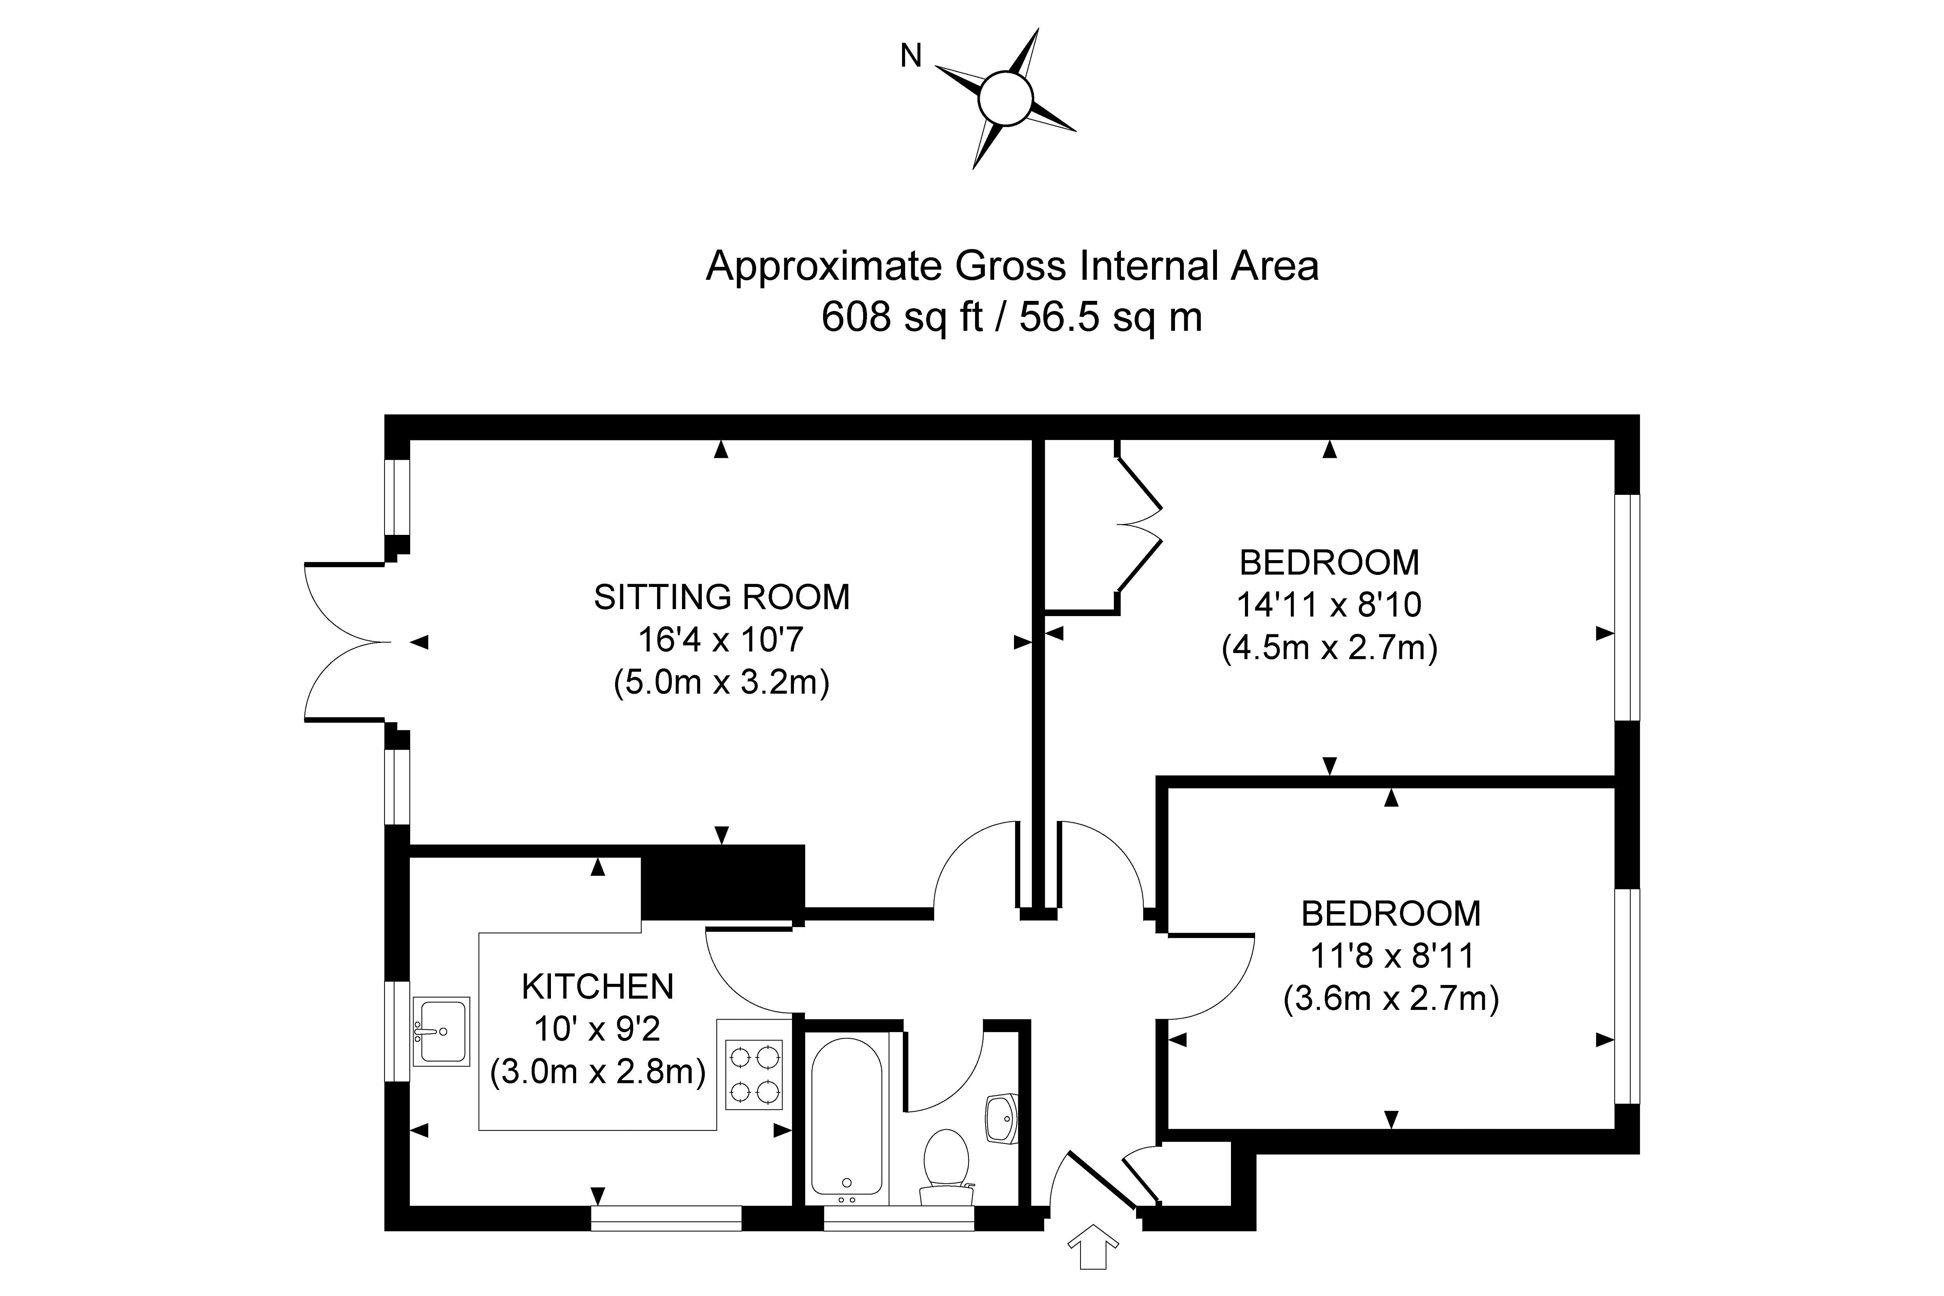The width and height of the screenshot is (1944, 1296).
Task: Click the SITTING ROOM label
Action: coord(722,597)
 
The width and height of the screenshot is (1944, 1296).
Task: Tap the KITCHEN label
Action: coord(598,987)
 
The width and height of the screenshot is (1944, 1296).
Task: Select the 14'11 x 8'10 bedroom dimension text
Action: coord(1329,605)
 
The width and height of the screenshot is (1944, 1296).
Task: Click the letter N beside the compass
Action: coord(911,56)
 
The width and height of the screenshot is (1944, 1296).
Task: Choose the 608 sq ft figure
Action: coord(902,316)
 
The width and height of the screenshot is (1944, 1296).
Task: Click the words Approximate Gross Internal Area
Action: coord(1012,266)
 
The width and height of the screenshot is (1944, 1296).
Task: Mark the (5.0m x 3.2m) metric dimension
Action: coord(722,683)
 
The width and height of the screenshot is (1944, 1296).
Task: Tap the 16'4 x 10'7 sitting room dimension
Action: coord(722,640)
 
